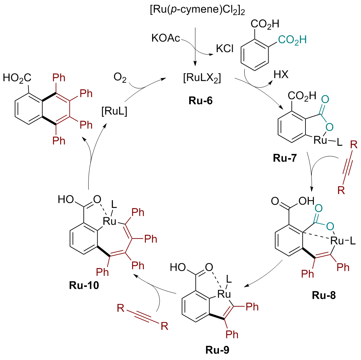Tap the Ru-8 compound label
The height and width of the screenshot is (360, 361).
323,295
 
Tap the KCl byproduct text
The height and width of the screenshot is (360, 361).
223,49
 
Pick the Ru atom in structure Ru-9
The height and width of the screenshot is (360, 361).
224,293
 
